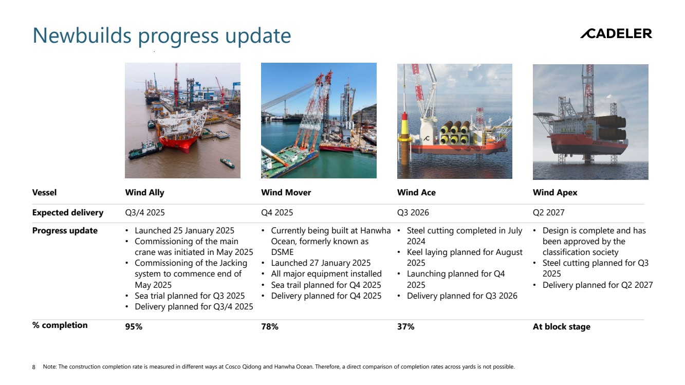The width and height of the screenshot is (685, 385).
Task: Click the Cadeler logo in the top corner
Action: point(616,34)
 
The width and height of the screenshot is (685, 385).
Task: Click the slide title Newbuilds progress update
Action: point(162,36)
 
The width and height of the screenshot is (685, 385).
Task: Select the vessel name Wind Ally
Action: point(144,192)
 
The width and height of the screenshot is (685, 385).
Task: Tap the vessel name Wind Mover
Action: point(286,192)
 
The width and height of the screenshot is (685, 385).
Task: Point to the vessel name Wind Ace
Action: point(416,192)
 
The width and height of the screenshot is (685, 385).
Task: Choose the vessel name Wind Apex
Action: point(555,193)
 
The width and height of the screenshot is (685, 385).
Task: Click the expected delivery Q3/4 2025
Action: point(145,212)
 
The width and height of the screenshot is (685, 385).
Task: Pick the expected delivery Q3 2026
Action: point(413,212)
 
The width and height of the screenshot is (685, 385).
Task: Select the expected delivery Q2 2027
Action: point(549,212)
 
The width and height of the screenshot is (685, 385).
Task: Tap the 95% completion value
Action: point(134,326)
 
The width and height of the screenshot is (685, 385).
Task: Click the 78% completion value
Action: point(270,326)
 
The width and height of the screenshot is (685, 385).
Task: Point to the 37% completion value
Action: point(406,326)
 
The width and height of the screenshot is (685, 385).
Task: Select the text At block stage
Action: point(562,326)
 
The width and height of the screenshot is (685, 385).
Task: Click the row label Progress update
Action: point(65,231)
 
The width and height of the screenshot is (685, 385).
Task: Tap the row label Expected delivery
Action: point(68,212)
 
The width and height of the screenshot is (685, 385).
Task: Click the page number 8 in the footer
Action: point(33,367)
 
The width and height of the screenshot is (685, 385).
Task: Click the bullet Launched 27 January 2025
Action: point(321,263)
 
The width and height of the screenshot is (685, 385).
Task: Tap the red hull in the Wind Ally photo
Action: point(177,143)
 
